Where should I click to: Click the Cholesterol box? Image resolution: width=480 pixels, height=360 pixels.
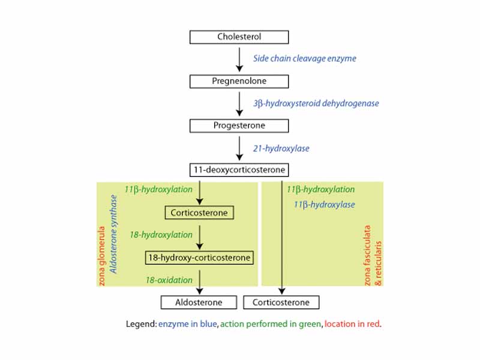point(239,37)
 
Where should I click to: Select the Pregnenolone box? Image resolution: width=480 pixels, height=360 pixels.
point(239,81)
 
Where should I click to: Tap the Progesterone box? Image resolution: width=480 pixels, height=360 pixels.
point(239,126)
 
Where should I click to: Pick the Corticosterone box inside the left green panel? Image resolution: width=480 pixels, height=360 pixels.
point(199,213)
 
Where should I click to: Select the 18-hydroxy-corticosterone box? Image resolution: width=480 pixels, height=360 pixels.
point(199,258)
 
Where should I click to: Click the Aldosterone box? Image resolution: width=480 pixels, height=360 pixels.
point(199,302)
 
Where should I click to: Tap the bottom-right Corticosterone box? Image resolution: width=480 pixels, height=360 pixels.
point(281,302)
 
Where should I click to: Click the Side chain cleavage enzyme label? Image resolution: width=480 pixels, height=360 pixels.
point(304,59)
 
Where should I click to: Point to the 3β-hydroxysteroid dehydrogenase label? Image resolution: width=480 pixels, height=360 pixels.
point(316,103)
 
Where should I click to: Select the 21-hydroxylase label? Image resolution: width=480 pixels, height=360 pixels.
point(281,148)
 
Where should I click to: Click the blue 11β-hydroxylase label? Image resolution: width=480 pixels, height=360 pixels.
point(324,205)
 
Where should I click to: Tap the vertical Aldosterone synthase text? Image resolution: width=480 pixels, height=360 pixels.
point(113,234)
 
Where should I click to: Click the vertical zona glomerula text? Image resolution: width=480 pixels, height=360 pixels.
point(102,255)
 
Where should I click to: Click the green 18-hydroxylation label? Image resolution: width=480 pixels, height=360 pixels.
point(161,235)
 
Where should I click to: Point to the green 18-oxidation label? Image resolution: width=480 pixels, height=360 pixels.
point(169,280)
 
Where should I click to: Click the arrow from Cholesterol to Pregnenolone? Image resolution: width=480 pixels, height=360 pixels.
point(239,59)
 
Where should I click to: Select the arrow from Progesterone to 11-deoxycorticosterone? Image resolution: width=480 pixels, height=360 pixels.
point(239,148)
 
